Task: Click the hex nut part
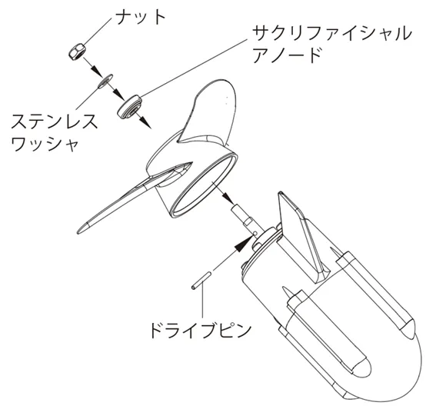[78, 52]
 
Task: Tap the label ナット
[140, 17]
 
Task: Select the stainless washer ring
[105, 81]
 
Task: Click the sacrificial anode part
[130, 107]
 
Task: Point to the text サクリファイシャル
[331, 33]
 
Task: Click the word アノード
[286, 55]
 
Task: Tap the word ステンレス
[55, 121]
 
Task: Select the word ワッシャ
[45, 144]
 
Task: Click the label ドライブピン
[201, 331]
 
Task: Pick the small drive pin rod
[201, 281]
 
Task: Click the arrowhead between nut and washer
[97, 71]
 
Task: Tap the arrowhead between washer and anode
[120, 95]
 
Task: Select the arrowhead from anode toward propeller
[146, 123]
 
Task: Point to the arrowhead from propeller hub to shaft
[229, 198]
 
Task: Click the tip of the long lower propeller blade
[78, 232]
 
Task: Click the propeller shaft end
[235, 210]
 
